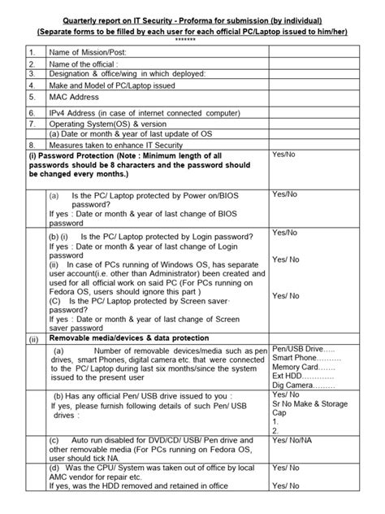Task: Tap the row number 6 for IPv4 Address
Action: [x=32, y=111]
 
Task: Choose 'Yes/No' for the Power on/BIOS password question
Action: [x=284, y=194]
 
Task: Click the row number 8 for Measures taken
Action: [x=32, y=143]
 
